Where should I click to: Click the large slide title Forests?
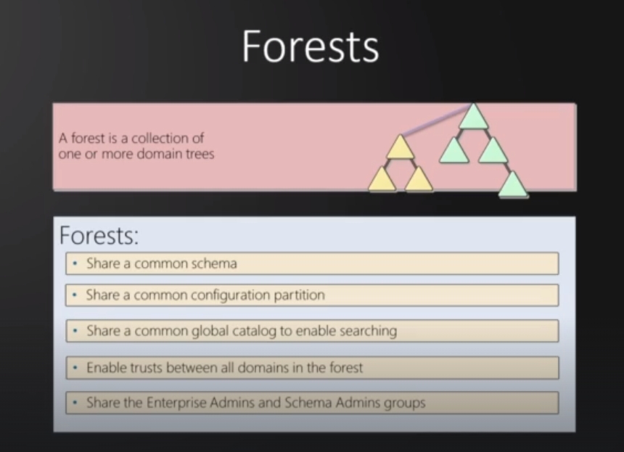[311, 46]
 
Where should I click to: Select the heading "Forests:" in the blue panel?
[99, 235]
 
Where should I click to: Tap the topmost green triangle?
[473, 117]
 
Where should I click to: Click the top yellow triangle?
[401, 147]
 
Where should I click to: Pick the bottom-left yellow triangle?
[382, 180]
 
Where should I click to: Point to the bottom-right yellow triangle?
[419, 180]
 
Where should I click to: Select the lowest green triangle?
[514, 184]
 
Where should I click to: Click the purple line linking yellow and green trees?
[436, 120]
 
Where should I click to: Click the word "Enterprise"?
[176, 403]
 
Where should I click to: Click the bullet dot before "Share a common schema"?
[75, 263]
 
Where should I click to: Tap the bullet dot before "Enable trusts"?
[75, 368]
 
